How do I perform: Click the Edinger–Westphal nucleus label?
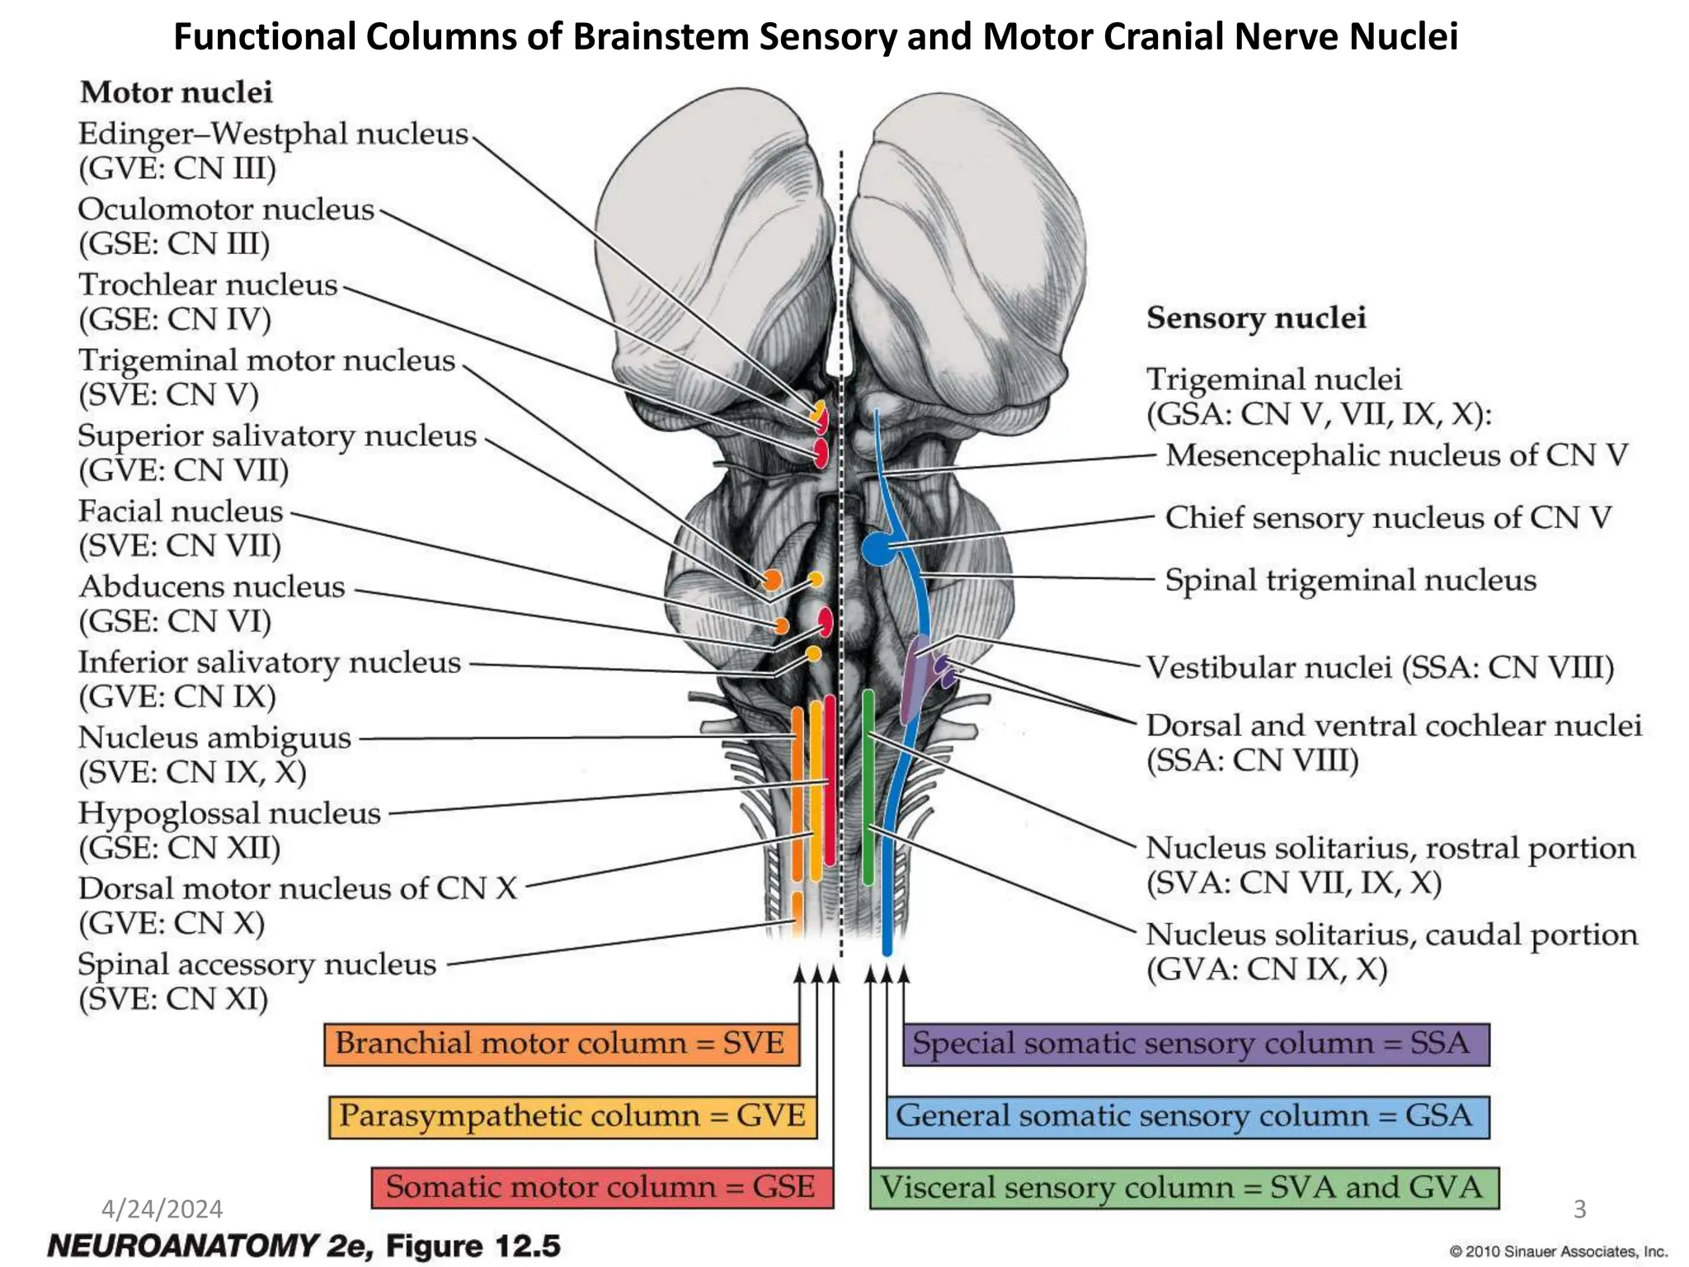tap(273, 134)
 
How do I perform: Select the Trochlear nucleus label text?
tap(208, 285)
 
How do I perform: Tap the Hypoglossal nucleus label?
tap(229, 814)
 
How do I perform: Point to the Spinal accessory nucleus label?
tap(256, 965)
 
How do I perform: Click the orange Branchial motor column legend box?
tap(561, 1044)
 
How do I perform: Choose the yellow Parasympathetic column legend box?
tap(572, 1117)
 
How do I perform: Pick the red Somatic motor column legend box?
tap(601, 1188)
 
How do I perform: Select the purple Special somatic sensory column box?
tap(1195, 1044)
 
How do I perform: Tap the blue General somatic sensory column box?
tap(1187, 1117)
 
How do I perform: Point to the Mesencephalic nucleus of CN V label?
tap(1396, 455)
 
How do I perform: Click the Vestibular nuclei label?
tap(1380, 667)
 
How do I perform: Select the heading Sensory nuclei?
tap(1256, 318)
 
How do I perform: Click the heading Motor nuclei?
tap(176, 92)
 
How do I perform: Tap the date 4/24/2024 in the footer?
tap(162, 1209)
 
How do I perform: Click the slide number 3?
tap(1579, 1209)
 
